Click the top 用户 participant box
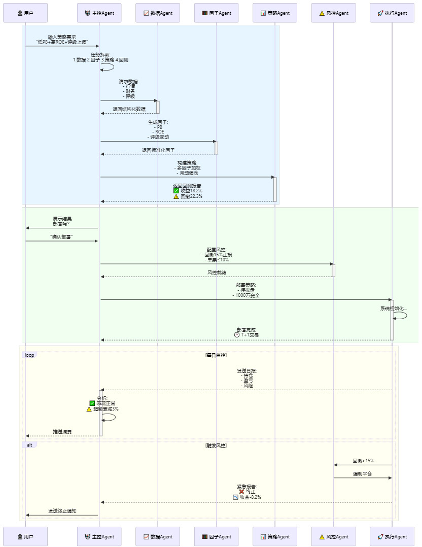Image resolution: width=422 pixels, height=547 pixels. pyautogui.click(x=25, y=13)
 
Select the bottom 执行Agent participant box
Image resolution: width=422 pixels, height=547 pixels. pyautogui.click(x=392, y=536)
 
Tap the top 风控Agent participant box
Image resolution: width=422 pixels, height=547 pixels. pyautogui.click(x=333, y=13)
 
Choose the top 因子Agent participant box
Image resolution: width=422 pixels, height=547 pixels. pyautogui.click(x=216, y=13)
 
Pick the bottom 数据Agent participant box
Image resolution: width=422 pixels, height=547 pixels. pyautogui.click(x=157, y=536)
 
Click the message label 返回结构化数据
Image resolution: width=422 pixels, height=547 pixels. pyautogui.click(x=129, y=109)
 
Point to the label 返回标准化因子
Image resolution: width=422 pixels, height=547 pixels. pyautogui.click(x=158, y=150)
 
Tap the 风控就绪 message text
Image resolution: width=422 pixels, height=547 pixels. pyautogui.click(x=217, y=272)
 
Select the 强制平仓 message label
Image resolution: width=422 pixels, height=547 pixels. pyautogui.click(x=362, y=474)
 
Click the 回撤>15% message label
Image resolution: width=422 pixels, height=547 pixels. pyautogui.click(x=363, y=461)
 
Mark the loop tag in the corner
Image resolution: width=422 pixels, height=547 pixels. pyautogui.click(x=30, y=355)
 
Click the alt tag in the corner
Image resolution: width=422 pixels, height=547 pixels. pyautogui.click(x=29, y=445)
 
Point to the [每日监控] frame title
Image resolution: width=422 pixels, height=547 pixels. pyautogui.click(x=216, y=355)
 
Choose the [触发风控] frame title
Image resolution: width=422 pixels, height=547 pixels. pyautogui.click(x=216, y=445)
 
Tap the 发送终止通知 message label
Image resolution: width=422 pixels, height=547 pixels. pyautogui.click(x=62, y=511)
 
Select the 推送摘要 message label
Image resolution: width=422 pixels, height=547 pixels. pyautogui.click(x=62, y=432)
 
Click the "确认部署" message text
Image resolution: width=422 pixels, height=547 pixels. pyautogui.click(x=61, y=237)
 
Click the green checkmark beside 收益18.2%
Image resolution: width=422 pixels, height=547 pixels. pyautogui.click(x=176, y=191)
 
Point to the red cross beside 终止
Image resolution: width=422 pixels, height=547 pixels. pyautogui.click(x=241, y=492)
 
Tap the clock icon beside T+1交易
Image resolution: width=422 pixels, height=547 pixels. pyautogui.click(x=237, y=335)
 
